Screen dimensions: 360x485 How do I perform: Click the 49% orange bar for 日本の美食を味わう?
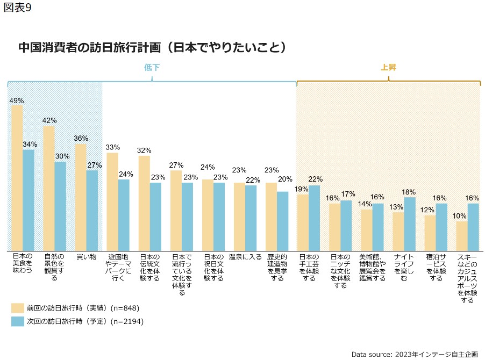pos(17,178)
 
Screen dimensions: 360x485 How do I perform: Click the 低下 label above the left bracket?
pos(152,68)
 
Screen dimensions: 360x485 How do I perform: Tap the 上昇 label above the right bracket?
pos(388,68)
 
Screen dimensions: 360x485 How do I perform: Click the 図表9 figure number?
pos(17,9)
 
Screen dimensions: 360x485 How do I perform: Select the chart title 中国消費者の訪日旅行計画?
pos(151,47)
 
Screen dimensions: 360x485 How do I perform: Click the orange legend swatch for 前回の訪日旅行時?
pos(17,308)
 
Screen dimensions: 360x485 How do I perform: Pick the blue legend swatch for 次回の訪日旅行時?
pos(17,321)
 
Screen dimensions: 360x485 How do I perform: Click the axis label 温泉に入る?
pos(245,257)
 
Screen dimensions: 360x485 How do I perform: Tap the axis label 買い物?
pos(85,257)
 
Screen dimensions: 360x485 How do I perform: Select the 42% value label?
pos(49,120)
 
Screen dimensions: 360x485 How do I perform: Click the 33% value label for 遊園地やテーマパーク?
pos(112,147)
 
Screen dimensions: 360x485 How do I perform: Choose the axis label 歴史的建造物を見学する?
pos(277,268)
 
